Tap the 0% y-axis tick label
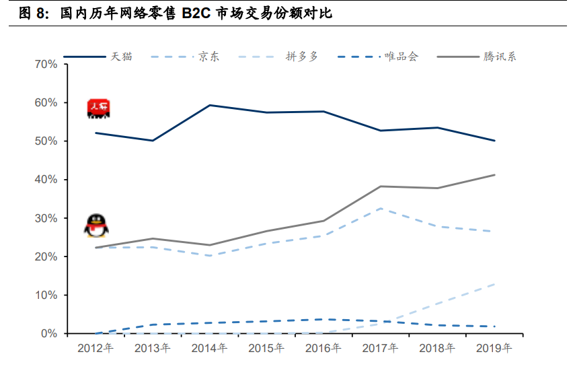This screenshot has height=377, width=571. (48, 334)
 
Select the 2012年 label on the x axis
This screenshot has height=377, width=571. (96, 349)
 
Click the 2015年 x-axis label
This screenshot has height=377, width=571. (266, 349)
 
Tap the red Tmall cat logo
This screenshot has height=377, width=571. (98, 108)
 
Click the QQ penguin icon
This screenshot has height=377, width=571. (96, 226)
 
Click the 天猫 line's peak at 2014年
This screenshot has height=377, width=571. (209, 105)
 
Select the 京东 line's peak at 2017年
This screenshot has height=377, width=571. (381, 208)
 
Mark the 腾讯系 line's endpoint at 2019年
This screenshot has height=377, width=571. (495, 175)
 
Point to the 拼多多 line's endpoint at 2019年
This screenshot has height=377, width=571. (495, 284)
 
